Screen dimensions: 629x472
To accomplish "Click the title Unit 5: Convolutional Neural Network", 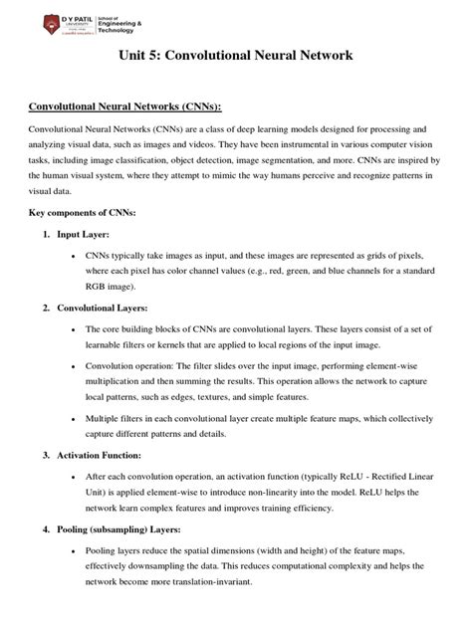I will pos(236,58).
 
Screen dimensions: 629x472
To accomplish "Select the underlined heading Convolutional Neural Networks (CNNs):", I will pos(123,106).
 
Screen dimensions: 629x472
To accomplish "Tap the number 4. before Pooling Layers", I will pos(46,528).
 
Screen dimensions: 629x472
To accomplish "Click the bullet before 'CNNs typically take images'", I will pos(76,256).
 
